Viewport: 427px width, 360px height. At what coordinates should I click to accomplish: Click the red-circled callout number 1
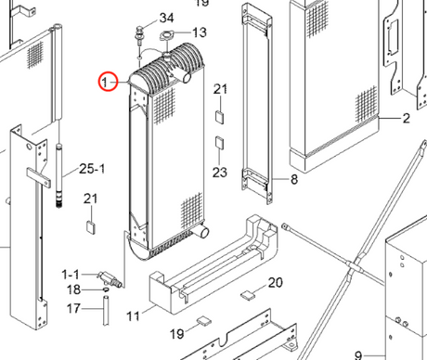point(105,82)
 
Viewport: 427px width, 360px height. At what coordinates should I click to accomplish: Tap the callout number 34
point(166,18)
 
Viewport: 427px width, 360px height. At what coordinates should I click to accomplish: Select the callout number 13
point(200,32)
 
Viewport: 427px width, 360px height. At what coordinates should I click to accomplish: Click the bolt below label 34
point(140,35)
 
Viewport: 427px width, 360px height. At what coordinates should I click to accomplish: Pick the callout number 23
point(220,173)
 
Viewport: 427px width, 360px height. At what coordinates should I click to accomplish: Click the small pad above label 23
point(220,143)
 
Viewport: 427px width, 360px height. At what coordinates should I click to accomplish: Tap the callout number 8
point(294,179)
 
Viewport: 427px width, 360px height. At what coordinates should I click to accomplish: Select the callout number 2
point(407,118)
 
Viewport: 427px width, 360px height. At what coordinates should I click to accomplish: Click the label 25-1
point(92,169)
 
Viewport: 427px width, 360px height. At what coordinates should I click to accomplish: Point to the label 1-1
point(71,275)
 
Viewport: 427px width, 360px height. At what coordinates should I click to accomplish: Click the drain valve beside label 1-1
point(110,279)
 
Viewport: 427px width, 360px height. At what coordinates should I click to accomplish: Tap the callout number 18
point(74,289)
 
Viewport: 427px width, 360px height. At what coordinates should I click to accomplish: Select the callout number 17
point(73,308)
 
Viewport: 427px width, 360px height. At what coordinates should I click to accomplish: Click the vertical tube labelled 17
point(106,311)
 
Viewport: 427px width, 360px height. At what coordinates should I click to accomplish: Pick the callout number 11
point(134,316)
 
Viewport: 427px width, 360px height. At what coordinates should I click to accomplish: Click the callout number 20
point(275,282)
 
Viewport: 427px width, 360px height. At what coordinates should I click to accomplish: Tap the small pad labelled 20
point(248,295)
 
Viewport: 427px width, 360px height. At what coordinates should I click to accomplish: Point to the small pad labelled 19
point(204,321)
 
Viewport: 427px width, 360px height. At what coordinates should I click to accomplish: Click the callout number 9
point(358,355)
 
